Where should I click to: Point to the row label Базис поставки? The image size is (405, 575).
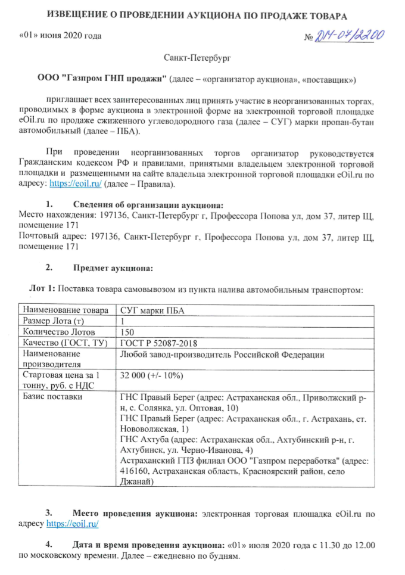tap(51, 396)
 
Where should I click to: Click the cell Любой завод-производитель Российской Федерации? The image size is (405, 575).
tap(222, 355)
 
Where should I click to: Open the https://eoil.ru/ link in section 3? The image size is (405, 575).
tap(72, 523)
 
